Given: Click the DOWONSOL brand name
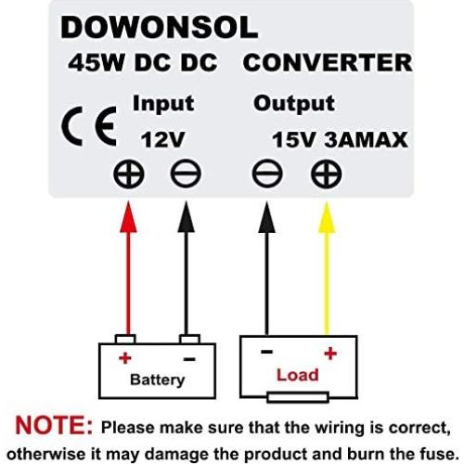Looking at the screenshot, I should (x=159, y=29).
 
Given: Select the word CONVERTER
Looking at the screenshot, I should (x=327, y=64).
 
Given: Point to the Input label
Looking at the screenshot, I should (x=162, y=102).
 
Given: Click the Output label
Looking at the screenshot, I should (x=294, y=102).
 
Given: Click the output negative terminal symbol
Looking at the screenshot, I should (x=267, y=174).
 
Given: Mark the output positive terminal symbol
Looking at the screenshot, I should (x=327, y=174).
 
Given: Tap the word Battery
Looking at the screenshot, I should (x=157, y=380).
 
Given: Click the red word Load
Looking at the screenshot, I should (x=297, y=375).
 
